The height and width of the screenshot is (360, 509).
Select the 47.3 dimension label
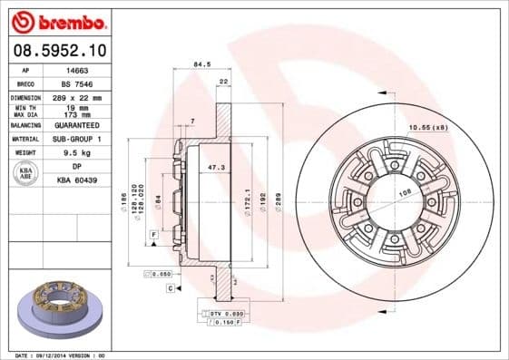[216, 168]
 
